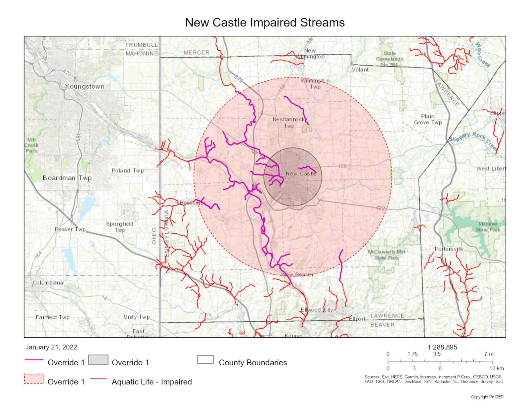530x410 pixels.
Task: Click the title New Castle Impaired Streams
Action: (265, 22)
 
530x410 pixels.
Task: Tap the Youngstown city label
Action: (85, 87)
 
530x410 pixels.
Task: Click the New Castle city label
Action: (301, 174)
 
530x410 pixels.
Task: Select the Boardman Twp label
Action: (67, 178)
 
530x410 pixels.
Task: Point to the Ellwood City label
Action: (317, 310)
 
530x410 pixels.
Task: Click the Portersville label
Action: (449, 249)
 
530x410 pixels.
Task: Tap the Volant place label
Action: (360, 70)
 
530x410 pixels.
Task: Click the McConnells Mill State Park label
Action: (386, 255)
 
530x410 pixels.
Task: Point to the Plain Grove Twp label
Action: (428, 119)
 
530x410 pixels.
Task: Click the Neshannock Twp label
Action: (288, 123)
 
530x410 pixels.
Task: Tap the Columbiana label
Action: (48, 283)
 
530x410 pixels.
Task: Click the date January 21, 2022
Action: (51, 347)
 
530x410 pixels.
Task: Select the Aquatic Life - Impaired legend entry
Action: (152, 382)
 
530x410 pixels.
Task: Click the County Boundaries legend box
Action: (205, 360)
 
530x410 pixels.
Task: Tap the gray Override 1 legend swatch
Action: (98, 360)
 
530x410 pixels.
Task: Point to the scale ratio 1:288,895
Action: (442, 347)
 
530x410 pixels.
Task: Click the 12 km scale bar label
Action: (496, 369)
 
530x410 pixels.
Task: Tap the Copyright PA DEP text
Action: (487, 397)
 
